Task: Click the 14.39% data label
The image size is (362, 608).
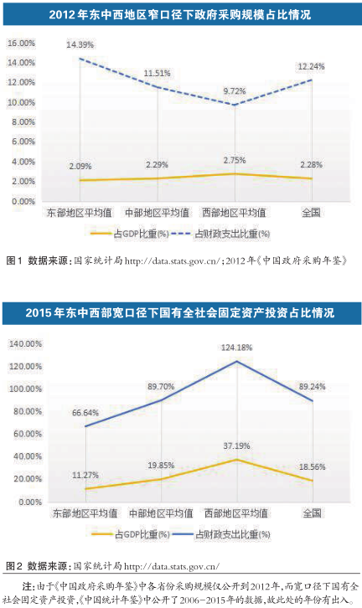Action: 80,45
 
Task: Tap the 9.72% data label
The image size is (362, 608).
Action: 235,91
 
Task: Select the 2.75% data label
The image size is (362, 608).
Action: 235,161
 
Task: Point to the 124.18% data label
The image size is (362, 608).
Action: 236,348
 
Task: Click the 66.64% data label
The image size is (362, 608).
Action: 85,413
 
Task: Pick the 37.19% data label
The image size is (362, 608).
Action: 236,446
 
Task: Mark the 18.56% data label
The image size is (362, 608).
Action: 312,467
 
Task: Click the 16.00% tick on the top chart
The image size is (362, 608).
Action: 21,43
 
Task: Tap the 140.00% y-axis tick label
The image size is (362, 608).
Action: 25,344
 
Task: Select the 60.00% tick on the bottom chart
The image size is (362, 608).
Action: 28,434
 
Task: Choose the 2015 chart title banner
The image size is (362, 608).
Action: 181,313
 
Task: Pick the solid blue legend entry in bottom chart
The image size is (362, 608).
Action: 221,534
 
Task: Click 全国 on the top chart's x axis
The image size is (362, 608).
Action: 311,213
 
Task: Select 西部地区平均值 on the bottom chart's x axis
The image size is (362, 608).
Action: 236,513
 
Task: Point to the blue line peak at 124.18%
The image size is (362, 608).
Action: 236,362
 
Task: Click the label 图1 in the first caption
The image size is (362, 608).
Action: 14,261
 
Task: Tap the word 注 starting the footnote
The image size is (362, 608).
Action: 27,585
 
